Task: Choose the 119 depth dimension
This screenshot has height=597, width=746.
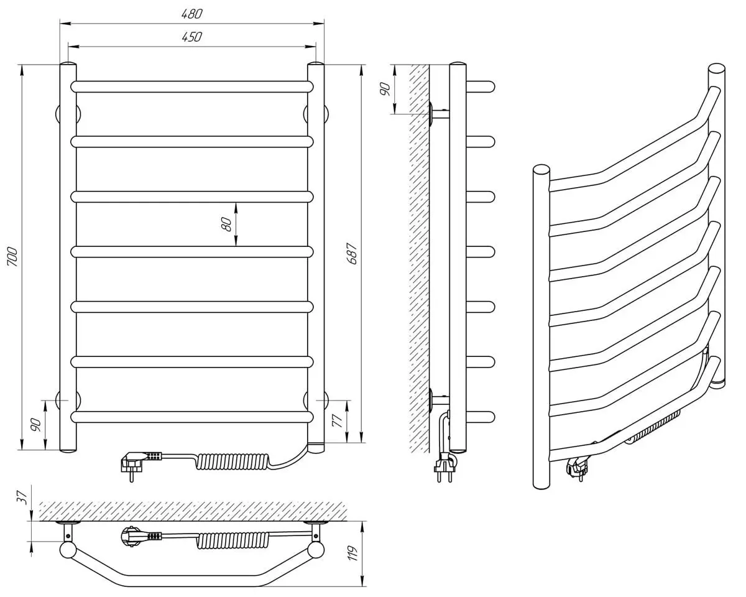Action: click(353, 553)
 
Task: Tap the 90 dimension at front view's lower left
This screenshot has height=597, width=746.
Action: click(36, 425)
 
